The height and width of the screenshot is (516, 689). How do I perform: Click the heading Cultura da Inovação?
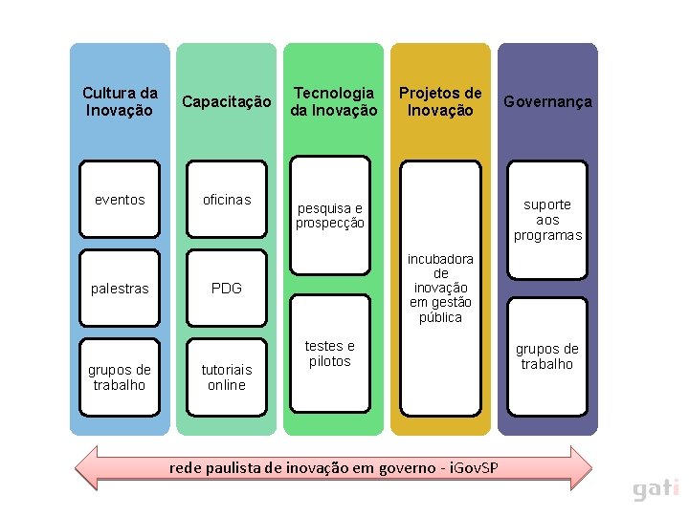[x=120, y=101]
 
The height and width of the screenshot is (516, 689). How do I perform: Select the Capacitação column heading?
[x=227, y=101]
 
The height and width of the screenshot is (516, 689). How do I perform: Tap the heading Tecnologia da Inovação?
[x=334, y=101]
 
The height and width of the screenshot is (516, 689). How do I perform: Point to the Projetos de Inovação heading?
[x=440, y=101]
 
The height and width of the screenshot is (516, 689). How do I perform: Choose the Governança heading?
[x=547, y=101]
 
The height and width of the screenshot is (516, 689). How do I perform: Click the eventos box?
[x=120, y=200]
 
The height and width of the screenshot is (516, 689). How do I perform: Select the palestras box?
[x=120, y=289]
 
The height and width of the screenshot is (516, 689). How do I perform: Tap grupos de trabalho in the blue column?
[x=120, y=377]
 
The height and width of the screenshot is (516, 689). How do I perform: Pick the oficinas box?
[x=227, y=200]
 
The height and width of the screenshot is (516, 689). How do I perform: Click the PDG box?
[x=227, y=289]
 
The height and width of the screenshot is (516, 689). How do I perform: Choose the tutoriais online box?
[x=227, y=377]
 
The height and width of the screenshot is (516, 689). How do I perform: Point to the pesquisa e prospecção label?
[x=330, y=216]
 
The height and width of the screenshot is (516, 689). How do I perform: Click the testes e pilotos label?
[x=330, y=354]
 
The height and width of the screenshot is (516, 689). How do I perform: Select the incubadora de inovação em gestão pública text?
[x=440, y=288]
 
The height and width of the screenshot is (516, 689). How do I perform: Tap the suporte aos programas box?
[x=547, y=220]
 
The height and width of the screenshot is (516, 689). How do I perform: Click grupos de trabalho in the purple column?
[x=547, y=356]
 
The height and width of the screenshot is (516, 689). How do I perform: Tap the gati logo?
[x=656, y=489]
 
